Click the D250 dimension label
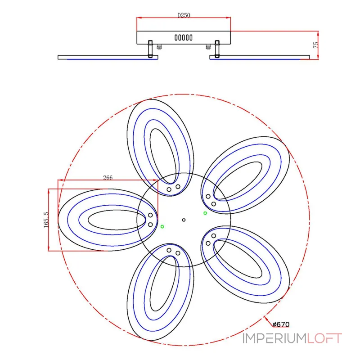click(184, 15)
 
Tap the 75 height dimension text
click(316, 45)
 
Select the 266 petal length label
click(108, 177)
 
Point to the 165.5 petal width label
click(46, 220)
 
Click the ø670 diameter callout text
click(281, 324)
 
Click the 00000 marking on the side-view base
click(184, 38)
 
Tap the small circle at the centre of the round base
click(184, 220)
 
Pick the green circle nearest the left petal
click(162, 227)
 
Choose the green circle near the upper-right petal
click(205, 213)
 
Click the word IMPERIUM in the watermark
click(274, 338)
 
